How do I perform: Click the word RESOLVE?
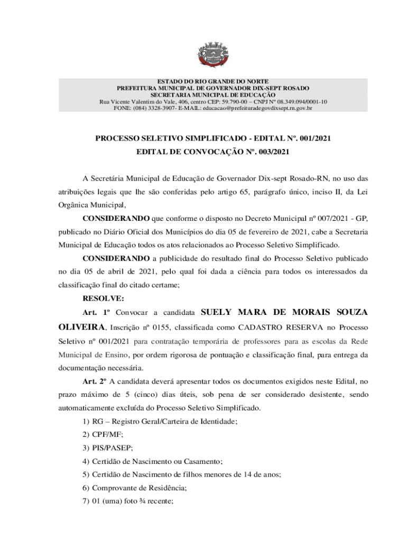point(103,299)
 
